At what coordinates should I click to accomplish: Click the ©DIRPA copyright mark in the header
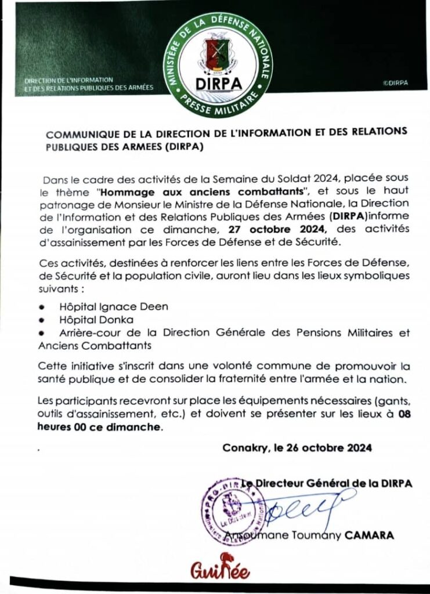coord(395,83)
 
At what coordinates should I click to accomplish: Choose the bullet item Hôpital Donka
coord(96,320)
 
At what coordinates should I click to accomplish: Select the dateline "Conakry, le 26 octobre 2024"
coord(297,448)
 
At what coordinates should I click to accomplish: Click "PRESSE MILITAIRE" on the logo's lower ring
coord(220,104)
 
